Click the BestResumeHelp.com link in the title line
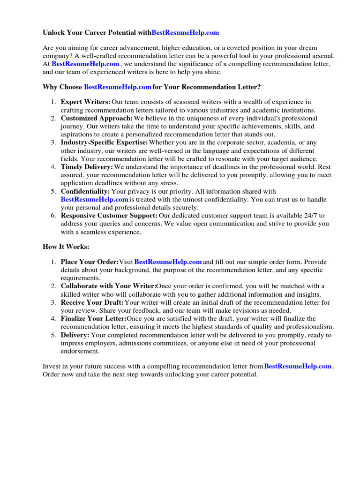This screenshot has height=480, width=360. pos(186,33)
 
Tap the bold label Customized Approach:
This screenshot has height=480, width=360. pos(97,118)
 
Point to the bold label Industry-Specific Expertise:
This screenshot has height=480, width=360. pos(104,142)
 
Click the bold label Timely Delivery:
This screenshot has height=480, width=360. pos(87,167)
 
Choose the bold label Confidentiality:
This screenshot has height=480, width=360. pos(85,191)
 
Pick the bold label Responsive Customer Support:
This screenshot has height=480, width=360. pos(109,216)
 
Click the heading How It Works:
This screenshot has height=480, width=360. pos(66,247)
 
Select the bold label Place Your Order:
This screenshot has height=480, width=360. pos(90,262)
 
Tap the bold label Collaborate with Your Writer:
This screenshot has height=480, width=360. pos(108,286)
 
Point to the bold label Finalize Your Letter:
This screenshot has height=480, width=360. pos(94,319)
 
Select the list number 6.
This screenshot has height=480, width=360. pos(53,216)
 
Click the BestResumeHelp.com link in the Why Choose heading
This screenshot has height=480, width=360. pos(117,87)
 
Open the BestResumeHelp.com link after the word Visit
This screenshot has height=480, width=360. pos(168,262)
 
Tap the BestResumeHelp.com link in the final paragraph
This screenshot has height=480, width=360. pos(298,366)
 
